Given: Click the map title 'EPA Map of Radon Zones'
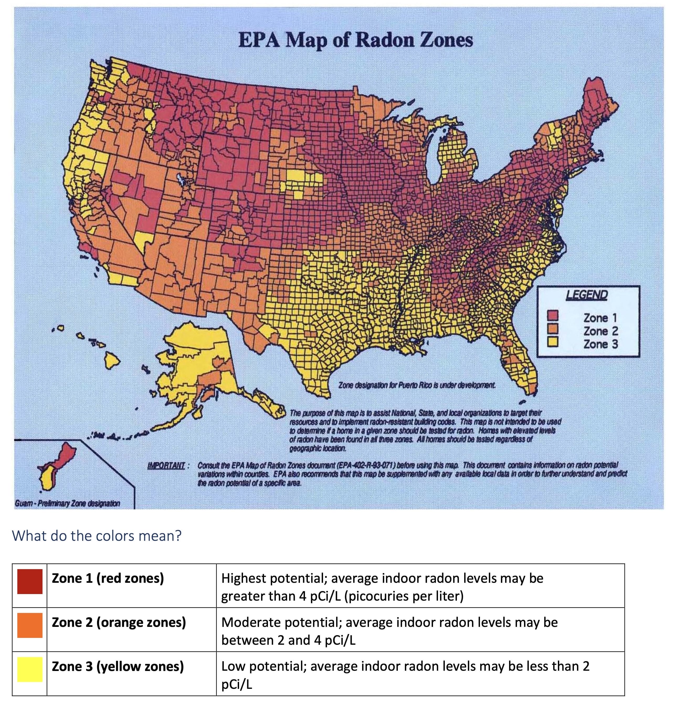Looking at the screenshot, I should click(x=355, y=40).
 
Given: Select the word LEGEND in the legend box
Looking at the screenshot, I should click(x=587, y=295).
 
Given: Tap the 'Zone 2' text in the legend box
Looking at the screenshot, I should click(x=601, y=331).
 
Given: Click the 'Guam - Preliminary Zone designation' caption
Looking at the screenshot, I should click(x=67, y=503).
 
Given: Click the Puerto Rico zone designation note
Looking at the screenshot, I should click(x=417, y=385).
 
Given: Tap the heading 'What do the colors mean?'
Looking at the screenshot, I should click(x=97, y=536).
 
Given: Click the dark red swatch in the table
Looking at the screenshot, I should click(x=30, y=581).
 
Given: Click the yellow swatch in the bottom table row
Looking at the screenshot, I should click(x=30, y=669).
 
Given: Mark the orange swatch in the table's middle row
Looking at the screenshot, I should click(x=30, y=625).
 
